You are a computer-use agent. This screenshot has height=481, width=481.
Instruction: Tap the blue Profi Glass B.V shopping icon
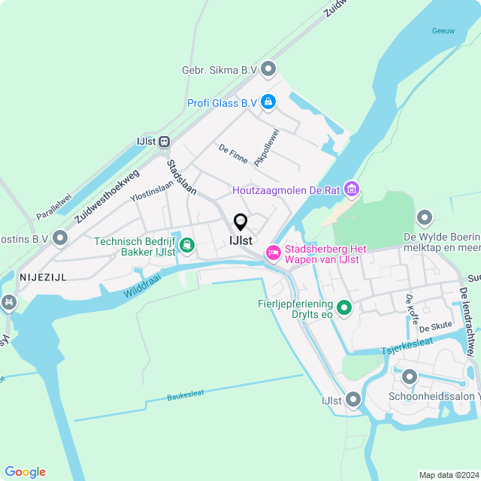coord(268,101)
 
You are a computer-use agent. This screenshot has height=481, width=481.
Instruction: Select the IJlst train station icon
coord(164,141)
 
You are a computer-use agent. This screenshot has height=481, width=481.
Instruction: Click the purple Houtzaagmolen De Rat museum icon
coord(351,190)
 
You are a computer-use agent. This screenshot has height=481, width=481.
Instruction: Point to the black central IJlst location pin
coord(240,222)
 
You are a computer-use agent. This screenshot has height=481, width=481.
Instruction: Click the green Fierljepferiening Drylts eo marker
coord(344,307)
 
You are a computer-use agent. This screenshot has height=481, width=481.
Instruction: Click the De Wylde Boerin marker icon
coord(425,219)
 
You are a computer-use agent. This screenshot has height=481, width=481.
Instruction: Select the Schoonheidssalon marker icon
coord(410,377)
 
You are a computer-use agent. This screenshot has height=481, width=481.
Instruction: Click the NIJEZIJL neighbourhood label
coord(42,277)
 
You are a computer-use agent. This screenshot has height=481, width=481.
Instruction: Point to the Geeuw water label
coord(443,31)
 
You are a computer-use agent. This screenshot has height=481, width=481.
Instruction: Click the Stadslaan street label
coord(181,177)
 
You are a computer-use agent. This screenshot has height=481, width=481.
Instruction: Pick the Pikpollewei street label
coord(266,147)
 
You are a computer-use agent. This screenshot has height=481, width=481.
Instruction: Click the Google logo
coord(25,471)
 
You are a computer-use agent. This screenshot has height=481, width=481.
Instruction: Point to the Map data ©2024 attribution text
coord(447,475)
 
